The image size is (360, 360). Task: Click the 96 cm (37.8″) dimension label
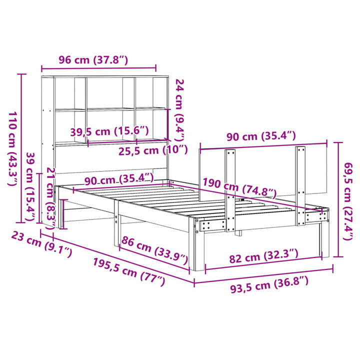pyautogui.click(x=93, y=60)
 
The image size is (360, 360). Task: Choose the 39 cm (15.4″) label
pyautogui.click(x=31, y=186)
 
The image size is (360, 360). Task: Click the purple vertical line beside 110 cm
pyautogui.click(x=21, y=148)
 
